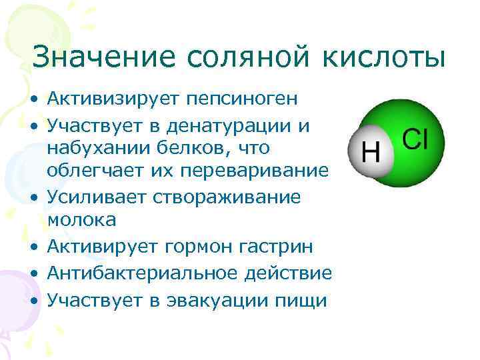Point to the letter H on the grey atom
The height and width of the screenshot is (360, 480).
coord(370,153)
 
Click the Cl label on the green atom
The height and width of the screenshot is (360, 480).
coord(414,139)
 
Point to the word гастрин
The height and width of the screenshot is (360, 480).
coord(283,248)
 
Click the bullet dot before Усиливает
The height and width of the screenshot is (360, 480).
coord(34,198)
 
